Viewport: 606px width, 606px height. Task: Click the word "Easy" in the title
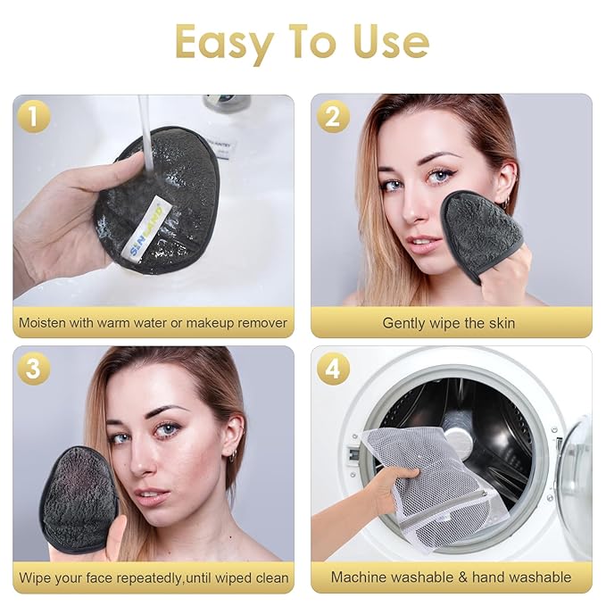pyautogui.click(x=225, y=41)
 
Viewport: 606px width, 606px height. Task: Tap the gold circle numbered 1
pyautogui.click(x=33, y=117)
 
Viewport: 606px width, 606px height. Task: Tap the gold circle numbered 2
pyautogui.click(x=333, y=117)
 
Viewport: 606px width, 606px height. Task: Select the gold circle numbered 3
pyautogui.click(x=33, y=368)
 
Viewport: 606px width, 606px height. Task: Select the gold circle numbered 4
pyautogui.click(x=333, y=368)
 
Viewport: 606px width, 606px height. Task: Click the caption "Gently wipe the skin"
pyautogui.click(x=449, y=323)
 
